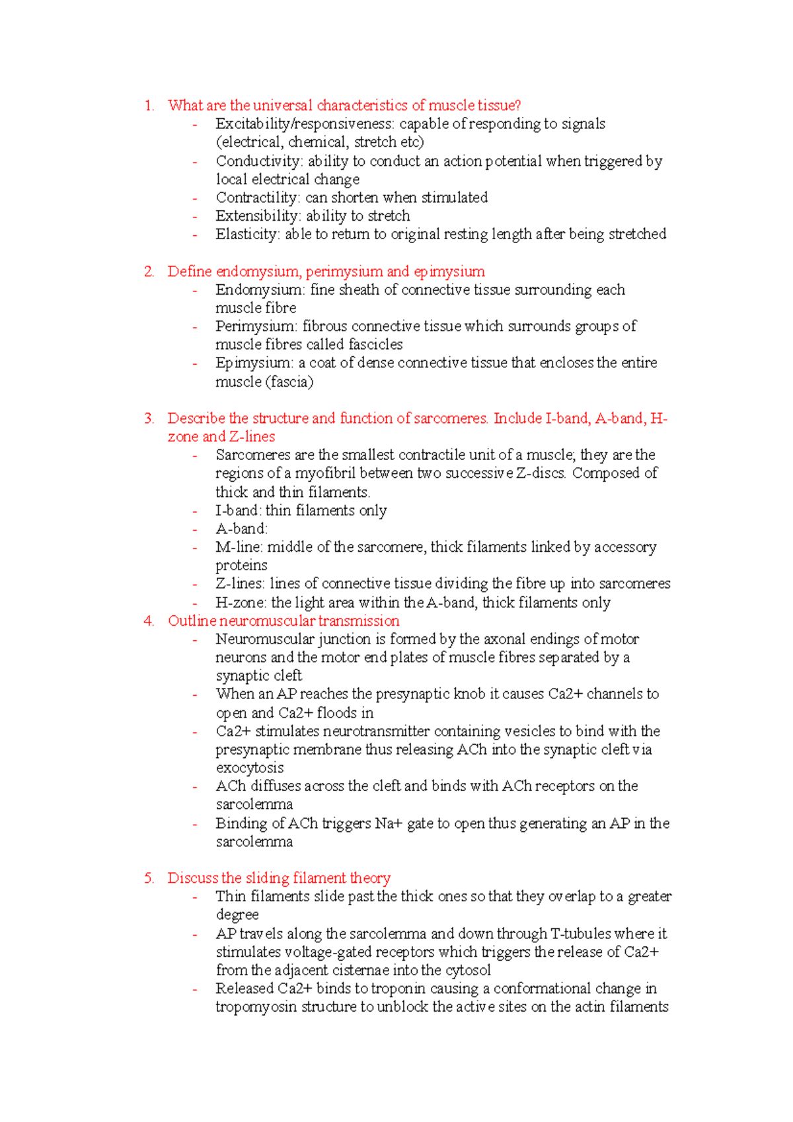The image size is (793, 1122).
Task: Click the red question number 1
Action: coord(148,106)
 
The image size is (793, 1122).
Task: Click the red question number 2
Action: coord(148,272)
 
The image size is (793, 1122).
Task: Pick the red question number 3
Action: coord(148,418)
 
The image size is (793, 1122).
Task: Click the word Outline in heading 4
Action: coord(192,621)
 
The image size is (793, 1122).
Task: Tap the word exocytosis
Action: coord(250,768)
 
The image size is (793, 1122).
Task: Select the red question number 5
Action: coord(148,878)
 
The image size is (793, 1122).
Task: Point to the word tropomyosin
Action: coord(256,1007)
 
